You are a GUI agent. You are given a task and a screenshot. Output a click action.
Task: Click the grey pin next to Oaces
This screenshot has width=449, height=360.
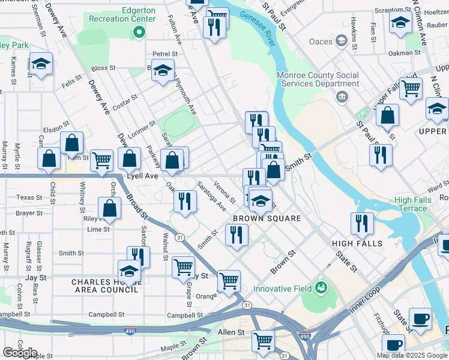pyautogui.click(x=342, y=41)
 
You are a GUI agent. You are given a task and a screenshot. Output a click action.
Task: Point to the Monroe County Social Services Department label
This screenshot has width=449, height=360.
pyautogui.click(x=318, y=80)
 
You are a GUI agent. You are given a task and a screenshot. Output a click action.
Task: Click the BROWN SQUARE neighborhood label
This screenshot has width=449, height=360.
pyautogui.click(x=267, y=218)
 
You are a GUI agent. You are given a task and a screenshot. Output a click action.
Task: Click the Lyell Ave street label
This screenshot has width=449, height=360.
pyautogui.click(x=142, y=176)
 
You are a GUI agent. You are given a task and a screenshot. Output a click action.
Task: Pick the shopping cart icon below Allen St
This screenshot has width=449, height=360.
pyautogui.click(x=264, y=341)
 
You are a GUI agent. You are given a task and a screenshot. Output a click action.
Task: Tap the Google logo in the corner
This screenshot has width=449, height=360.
pyautogui.click(x=20, y=353)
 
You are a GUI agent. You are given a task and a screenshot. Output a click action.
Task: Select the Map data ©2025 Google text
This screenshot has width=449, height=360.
pyautogui.click(x=411, y=355)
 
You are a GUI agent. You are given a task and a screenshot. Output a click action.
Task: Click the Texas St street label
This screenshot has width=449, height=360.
pyautogui.click(x=29, y=197)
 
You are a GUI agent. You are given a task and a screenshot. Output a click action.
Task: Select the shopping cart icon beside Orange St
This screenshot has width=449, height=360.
pyautogui.click(x=229, y=280)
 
